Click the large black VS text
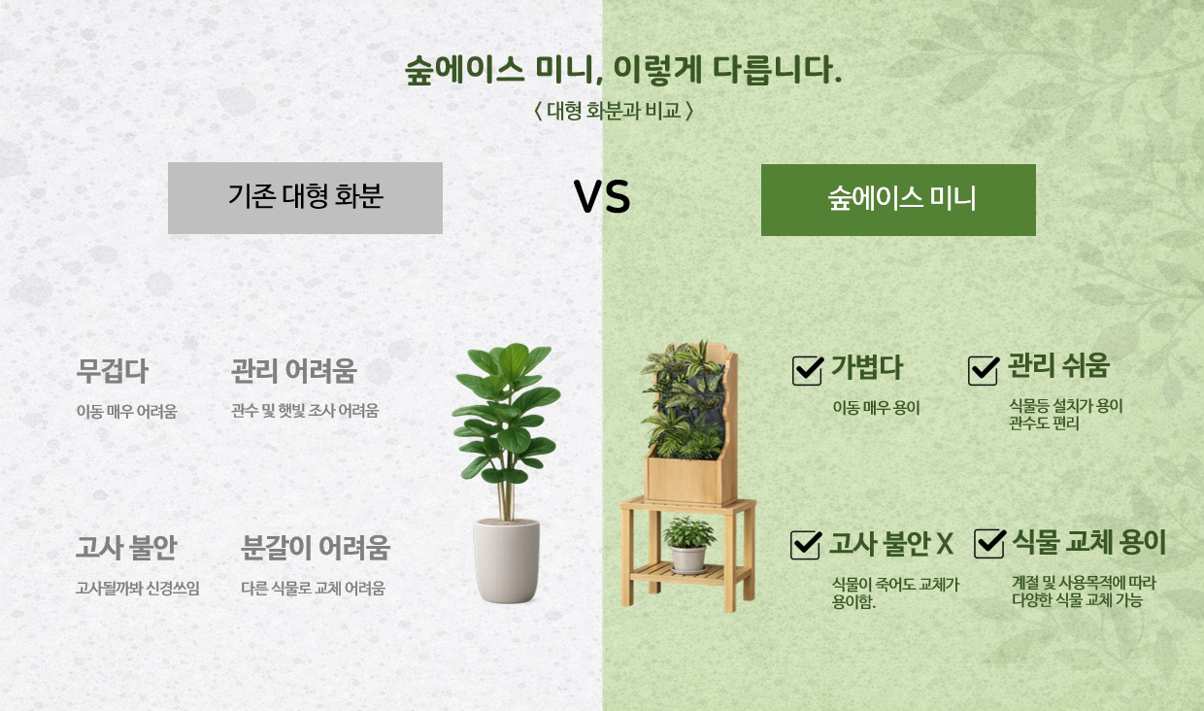[602, 196]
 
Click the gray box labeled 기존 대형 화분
[305, 198]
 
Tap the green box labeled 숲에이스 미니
[898, 200]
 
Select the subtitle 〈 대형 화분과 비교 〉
[614, 111]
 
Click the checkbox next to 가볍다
[807, 370]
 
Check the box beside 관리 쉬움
[984, 370]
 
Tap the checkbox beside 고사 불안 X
[806, 544]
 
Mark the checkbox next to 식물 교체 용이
[989, 543]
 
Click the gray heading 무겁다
[112, 371]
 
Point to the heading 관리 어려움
[293, 371]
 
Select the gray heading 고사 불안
[126, 547]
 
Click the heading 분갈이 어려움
[315, 548]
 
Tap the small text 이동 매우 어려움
[126, 412]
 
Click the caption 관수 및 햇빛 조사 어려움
[305, 411]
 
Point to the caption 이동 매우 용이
[876, 408]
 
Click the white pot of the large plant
[507, 560]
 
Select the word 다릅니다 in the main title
[777, 70]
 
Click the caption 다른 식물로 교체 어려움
[313, 589]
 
